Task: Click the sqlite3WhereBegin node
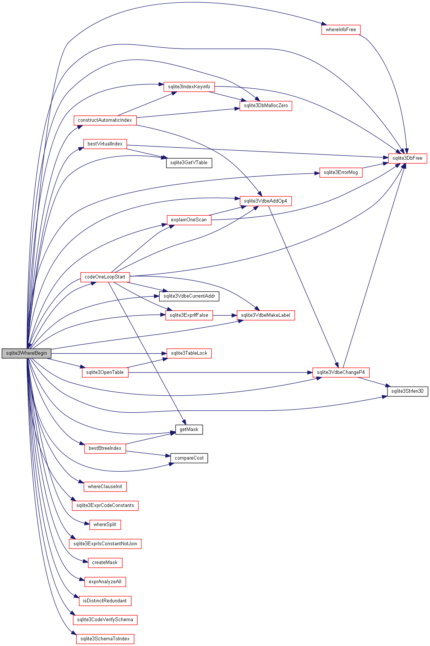(x=26, y=353)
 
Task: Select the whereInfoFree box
(x=341, y=30)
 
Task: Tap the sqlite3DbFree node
(x=407, y=158)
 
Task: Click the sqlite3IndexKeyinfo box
(x=189, y=87)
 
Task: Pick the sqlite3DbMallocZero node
(x=266, y=106)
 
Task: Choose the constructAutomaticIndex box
(x=105, y=120)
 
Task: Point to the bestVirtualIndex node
(x=105, y=144)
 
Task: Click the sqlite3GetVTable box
(x=189, y=163)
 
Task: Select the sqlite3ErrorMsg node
(x=341, y=172)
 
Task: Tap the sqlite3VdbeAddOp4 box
(x=266, y=201)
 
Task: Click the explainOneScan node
(x=189, y=220)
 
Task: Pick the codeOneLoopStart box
(x=105, y=277)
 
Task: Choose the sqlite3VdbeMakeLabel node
(x=266, y=315)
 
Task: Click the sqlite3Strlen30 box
(x=407, y=391)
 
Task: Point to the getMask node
(x=189, y=430)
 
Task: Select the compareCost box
(x=189, y=458)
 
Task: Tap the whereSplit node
(x=105, y=525)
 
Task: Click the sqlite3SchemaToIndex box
(x=105, y=639)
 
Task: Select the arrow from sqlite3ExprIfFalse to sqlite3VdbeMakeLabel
(x=225, y=315)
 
